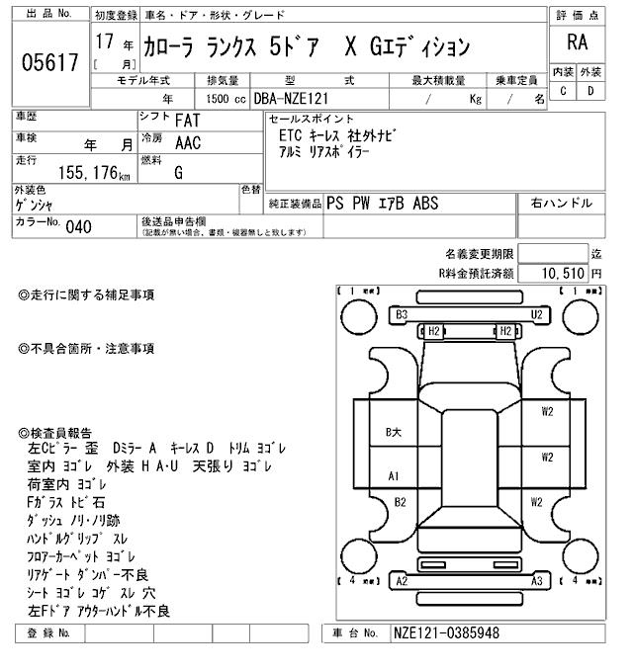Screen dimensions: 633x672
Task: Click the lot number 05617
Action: point(48,63)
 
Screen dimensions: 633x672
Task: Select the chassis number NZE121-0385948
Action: point(445,632)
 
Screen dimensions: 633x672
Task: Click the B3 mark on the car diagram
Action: point(402,314)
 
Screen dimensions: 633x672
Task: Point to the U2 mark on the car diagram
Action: point(537,314)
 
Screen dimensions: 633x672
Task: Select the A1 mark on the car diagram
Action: point(394,476)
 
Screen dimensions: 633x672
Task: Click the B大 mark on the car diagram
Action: point(393,432)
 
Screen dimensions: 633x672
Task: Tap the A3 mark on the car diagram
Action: point(537,581)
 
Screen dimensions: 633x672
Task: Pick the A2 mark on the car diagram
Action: point(402,581)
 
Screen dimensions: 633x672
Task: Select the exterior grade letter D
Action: point(590,91)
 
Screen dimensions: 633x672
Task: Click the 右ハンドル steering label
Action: point(561,203)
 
